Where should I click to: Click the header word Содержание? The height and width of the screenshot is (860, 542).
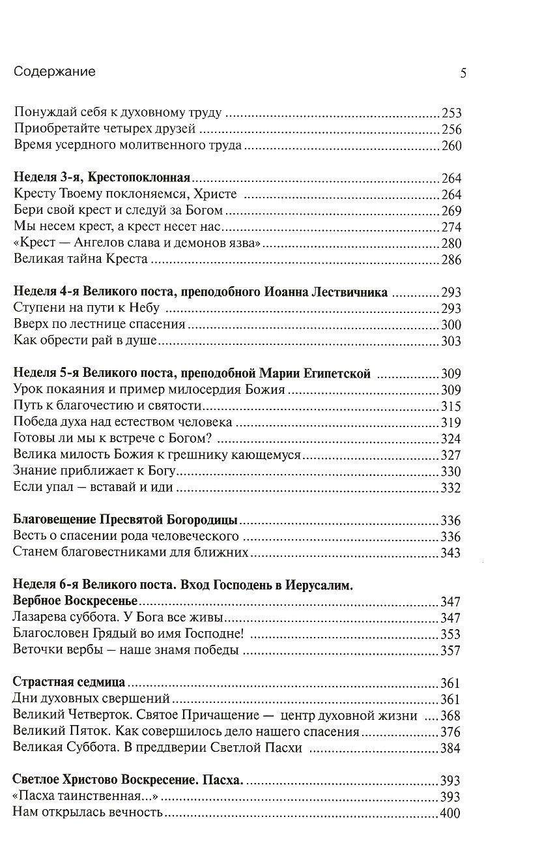[x=54, y=72]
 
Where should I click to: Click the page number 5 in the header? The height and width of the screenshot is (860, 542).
[x=463, y=73]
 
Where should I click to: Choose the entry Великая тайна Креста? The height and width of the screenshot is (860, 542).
[x=79, y=259]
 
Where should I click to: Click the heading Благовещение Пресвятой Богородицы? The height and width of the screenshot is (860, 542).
[x=126, y=520]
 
